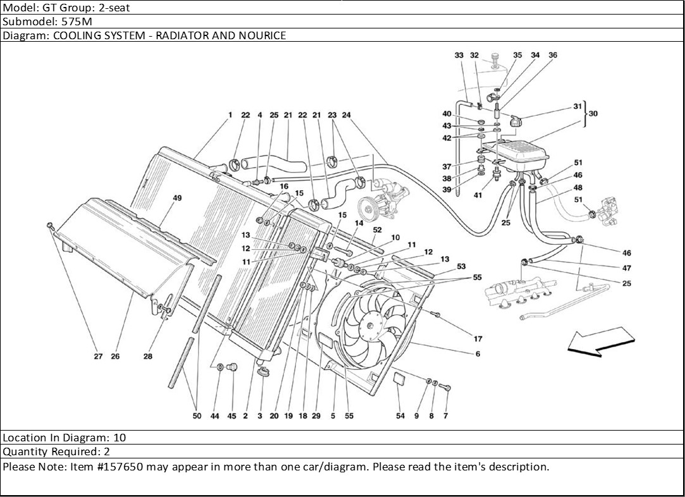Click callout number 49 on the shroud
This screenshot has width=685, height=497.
[x=177, y=198]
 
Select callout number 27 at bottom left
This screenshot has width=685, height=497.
[x=98, y=357]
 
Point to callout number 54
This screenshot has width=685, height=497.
[x=400, y=416]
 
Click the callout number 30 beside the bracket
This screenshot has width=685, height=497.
[x=593, y=114]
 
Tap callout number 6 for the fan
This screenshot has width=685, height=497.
[x=478, y=354]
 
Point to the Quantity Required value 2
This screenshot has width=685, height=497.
[x=106, y=451]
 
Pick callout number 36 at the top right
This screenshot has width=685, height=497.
[x=553, y=56]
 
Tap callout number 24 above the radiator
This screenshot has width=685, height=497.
[x=346, y=115]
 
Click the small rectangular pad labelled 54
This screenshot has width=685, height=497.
[x=400, y=379]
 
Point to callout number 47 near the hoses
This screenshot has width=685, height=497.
[x=627, y=268]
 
